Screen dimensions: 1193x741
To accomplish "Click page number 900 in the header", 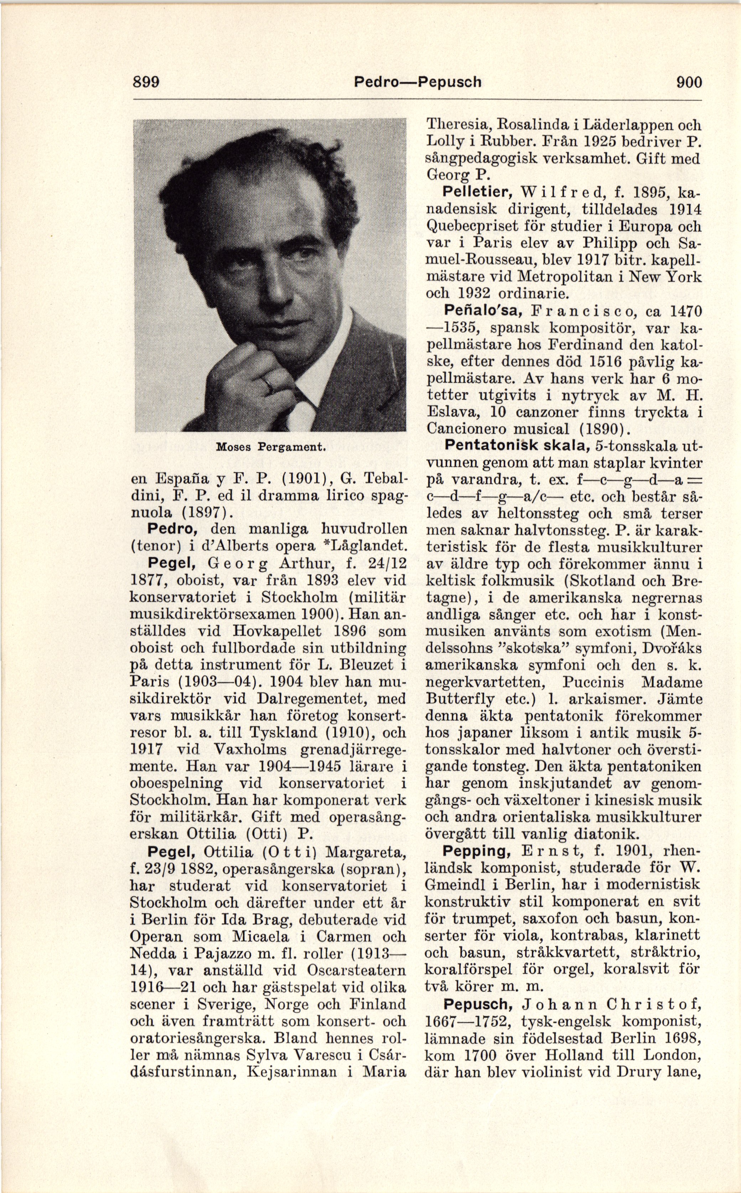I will [689, 81].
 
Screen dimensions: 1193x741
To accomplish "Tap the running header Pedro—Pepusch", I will [418, 81].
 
